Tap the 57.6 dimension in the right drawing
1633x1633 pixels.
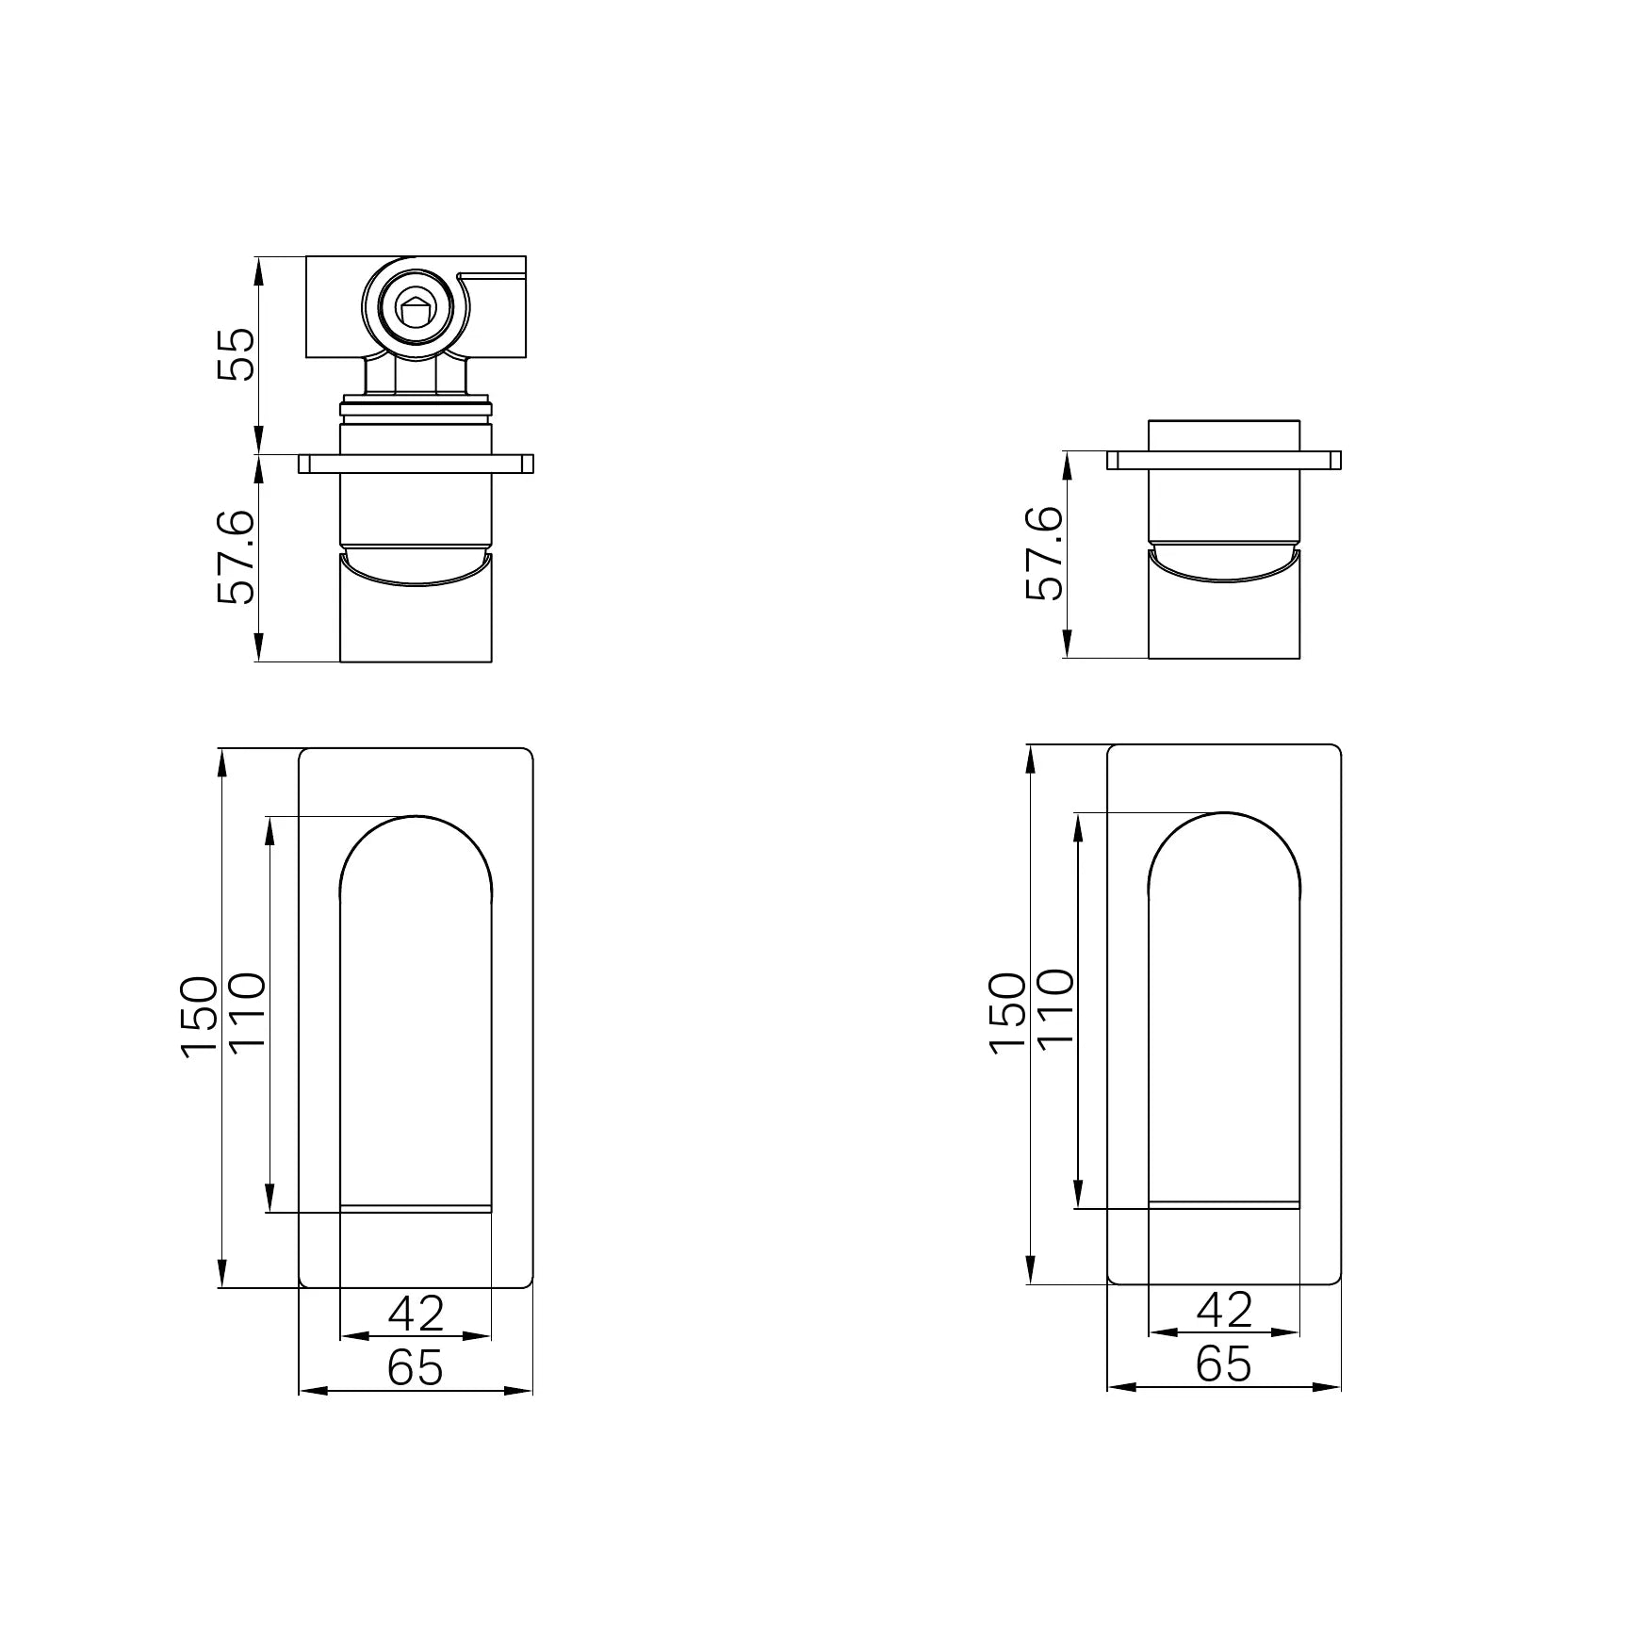point(1044,554)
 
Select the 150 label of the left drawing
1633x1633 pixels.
point(199,1017)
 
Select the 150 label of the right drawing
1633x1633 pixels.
point(1007,1013)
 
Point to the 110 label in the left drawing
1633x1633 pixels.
point(248,1013)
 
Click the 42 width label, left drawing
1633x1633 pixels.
point(416,1314)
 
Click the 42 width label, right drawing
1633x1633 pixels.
point(1224,1310)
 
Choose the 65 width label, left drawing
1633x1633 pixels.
point(416,1367)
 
